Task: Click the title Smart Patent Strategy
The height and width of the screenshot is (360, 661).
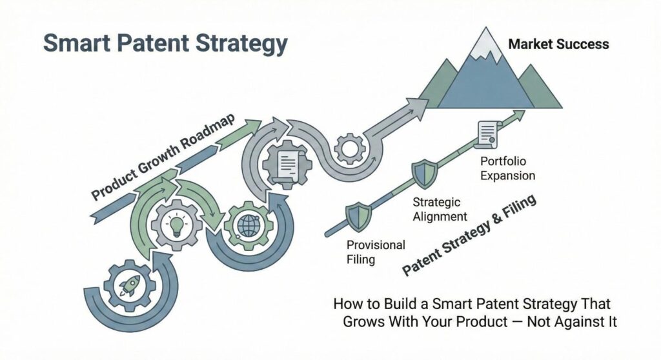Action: pos(165,45)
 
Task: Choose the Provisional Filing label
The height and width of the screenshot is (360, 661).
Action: pos(376,252)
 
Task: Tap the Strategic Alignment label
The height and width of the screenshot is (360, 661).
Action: pos(440,210)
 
